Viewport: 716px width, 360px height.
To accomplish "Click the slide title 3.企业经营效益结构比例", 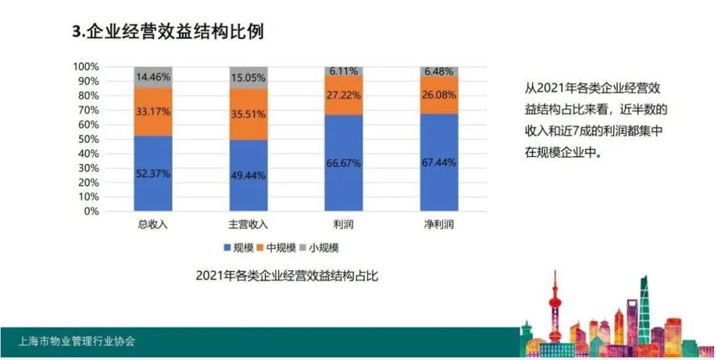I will click(x=168, y=31).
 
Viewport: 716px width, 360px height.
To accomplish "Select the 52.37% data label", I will click(x=153, y=174).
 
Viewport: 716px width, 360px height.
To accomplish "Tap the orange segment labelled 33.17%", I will click(x=153, y=112).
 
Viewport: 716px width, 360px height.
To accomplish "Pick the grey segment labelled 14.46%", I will click(x=153, y=77).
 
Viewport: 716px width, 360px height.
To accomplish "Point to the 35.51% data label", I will click(x=249, y=114).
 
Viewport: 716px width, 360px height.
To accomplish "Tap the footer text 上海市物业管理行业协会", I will click(x=77, y=342).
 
